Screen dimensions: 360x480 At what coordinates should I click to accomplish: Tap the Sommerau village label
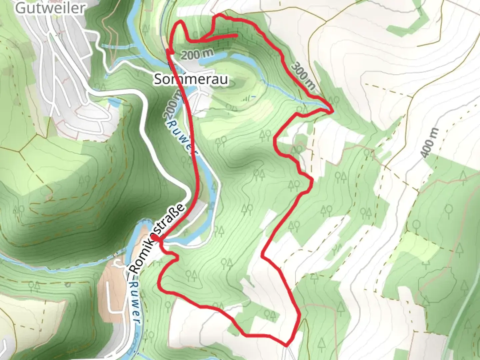click(191, 79)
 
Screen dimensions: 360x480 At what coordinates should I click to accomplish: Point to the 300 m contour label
click(303, 76)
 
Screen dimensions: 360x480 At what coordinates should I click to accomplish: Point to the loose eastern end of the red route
click(236, 35)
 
